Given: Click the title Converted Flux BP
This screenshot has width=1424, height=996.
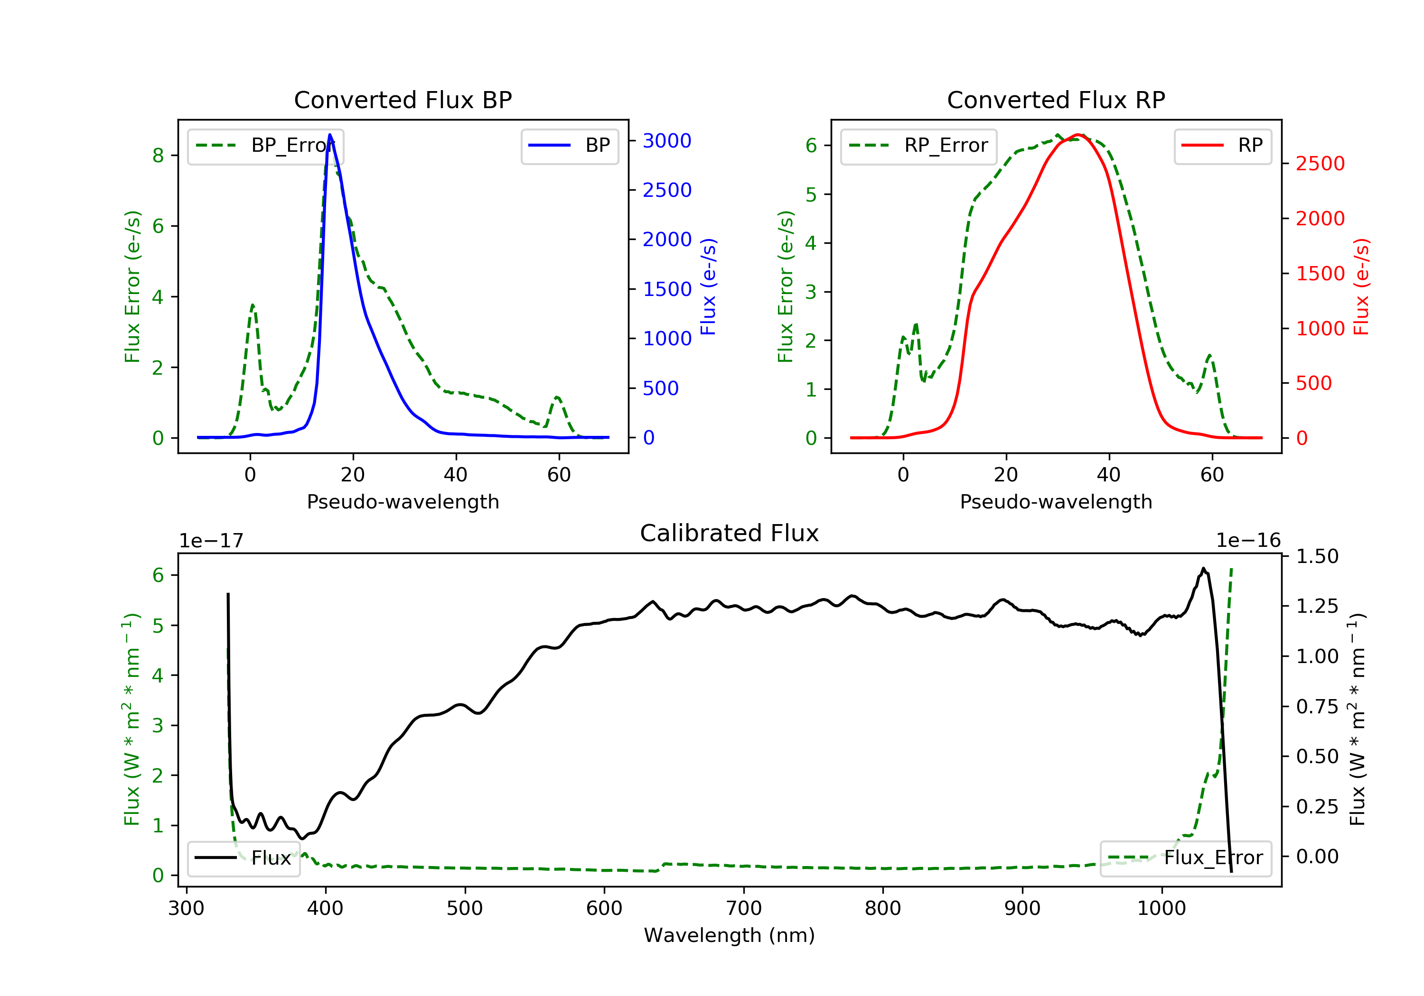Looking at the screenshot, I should point(403,100).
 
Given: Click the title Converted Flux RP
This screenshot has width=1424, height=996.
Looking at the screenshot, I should point(1056,100).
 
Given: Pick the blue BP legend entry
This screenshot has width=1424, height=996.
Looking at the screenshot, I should point(569,146).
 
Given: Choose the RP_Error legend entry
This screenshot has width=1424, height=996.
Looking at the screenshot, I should point(918,146).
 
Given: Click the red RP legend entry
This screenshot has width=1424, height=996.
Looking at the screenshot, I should point(1222,146).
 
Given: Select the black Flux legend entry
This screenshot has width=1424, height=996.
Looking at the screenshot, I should point(244,858).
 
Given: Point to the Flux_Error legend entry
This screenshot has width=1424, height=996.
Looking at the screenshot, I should point(1185,858).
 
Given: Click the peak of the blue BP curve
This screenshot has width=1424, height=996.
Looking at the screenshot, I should point(330,135).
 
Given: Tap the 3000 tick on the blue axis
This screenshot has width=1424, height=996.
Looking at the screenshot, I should point(667,141).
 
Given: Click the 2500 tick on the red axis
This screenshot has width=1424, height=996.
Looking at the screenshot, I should point(1320,164).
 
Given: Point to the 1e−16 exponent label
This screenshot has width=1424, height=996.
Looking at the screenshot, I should point(1248,541).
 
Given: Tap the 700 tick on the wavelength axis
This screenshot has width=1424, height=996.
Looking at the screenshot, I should point(744,908).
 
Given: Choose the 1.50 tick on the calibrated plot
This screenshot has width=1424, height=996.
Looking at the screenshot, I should point(1317,556).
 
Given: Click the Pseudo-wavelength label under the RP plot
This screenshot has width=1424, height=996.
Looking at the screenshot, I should point(1056,501).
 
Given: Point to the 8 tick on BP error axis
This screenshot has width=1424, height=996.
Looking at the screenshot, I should point(158,156).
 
